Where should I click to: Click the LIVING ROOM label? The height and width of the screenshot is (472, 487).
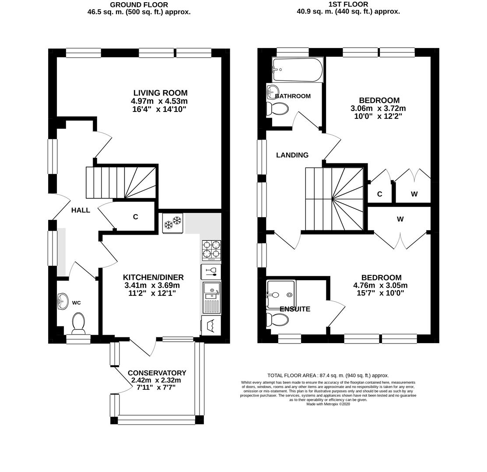pyautogui.click(x=160, y=93)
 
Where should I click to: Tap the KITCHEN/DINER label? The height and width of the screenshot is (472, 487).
pyautogui.click(x=153, y=277)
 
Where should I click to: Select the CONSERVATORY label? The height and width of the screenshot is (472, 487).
pyautogui.click(x=157, y=373)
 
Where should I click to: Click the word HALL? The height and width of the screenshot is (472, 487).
pyautogui.click(x=81, y=210)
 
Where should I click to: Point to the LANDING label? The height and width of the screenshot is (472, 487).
pyautogui.click(x=292, y=155)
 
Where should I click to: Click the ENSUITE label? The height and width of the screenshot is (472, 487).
pyautogui.click(x=295, y=309)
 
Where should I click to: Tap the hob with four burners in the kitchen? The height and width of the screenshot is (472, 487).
pyautogui.click(x=211, y=250)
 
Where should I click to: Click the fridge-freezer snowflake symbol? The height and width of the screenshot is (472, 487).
pyautogui.click(x=173, y=222)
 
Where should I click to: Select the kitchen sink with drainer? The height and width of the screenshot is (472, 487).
pyautogui.click(x=212, y=297)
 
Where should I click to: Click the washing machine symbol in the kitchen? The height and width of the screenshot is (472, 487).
pyautogui.click(x=211, y=325)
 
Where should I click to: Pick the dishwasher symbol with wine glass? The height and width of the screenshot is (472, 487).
pyautogui.click(x=211, y=272)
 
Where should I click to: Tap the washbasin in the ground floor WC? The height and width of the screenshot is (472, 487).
pyautogui.click(x=63, y=301)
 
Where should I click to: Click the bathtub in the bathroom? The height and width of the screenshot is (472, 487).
pyautogui.click(x=298, y=70)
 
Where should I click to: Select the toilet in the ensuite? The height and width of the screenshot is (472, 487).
pyautogui.click(x=277, y=319)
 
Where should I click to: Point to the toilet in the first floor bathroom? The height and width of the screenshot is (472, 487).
pyautogui.click(x=277, y=108)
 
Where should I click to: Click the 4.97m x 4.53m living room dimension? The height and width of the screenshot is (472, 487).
pyautogui.click(x=159, y=101)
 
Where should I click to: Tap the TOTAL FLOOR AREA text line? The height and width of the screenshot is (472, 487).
pyautogui.click(x=328, y=375)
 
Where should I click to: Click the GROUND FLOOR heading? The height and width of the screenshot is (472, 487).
pyautogui.click(x=139, y=5)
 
